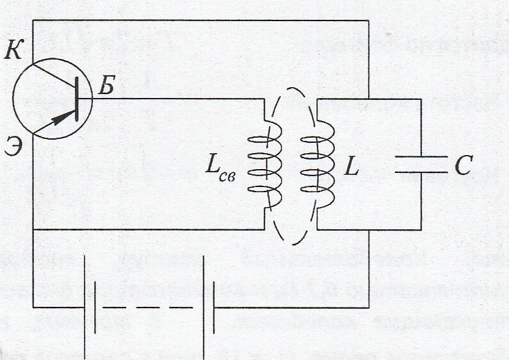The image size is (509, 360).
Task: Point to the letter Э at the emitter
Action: [13, 147]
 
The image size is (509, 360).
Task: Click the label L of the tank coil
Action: [351, 167]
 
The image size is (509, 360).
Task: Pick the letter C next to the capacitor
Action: [463, 166]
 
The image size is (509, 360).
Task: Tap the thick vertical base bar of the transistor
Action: [77, 99]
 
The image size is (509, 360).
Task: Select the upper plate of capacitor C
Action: [421, 156]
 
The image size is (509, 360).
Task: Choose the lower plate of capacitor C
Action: [421, 172]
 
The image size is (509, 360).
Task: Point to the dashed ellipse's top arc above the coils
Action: [291, 90]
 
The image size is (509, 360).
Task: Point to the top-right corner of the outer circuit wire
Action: [369, 20]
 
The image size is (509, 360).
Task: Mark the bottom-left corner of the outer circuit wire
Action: [33, 307]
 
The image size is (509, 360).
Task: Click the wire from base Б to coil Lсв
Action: [173, 99]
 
